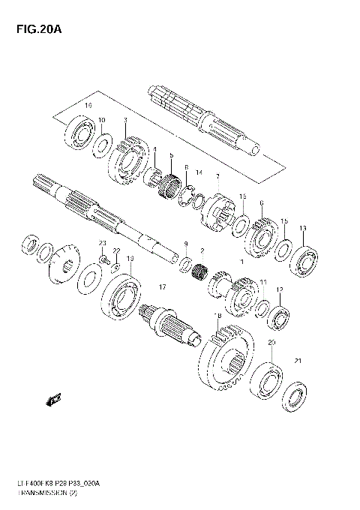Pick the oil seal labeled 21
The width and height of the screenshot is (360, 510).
pyautogui.click(x=297, y=397)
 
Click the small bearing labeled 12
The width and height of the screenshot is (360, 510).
pyautogui.click(x=280, y=316)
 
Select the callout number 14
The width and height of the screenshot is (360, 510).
pyautogui.click(x=199, y=173)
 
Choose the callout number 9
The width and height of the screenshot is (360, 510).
pyautogui.click(x=186, y=244)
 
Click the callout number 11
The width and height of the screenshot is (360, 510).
pyautogui.click(x=263, y=282)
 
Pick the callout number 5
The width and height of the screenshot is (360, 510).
pyautogui.click(x=171, y=155)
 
